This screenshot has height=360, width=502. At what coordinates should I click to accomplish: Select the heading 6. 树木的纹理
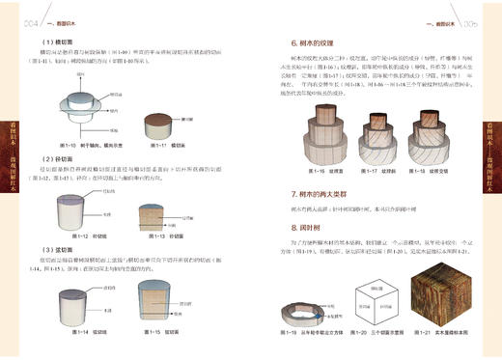click(320, 44)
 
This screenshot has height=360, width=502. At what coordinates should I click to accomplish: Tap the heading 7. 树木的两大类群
click(328, 195)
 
